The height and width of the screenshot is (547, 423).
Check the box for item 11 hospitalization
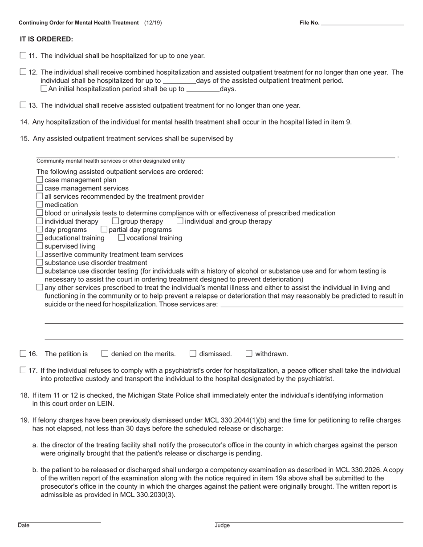pos(23,56)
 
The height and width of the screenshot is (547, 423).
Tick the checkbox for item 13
pos(23,105)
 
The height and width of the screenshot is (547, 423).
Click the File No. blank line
pos(362,23)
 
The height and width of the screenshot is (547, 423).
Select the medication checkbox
pos(40,205)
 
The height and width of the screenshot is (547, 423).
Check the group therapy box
pos(115,221)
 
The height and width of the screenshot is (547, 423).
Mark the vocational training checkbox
pos(122,237)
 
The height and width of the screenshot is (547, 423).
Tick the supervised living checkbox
pos(40,246)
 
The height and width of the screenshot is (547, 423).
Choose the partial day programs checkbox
pos(104,229)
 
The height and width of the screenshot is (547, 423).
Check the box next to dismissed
pos(193,354)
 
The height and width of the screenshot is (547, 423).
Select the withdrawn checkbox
pos(249,354)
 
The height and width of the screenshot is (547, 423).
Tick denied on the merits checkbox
pos(105,354)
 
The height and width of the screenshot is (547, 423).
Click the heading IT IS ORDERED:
pos(46,39)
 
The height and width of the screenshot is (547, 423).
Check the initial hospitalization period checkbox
pos(44,88)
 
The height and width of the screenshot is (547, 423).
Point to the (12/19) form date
pos(153,23)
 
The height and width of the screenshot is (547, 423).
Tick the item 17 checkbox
pos(23,370)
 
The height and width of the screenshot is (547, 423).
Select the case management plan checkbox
pos(40,180)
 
